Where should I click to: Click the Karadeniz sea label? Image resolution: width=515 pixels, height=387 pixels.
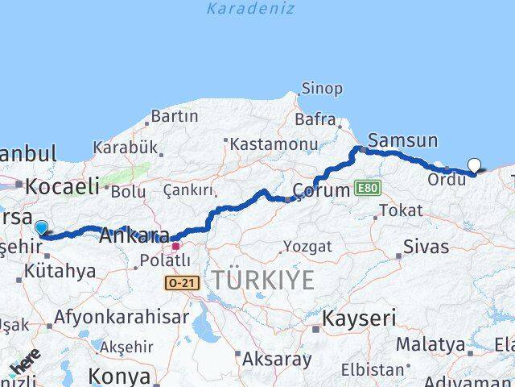[250, 9]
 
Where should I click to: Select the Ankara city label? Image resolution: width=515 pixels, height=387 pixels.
[134, 236]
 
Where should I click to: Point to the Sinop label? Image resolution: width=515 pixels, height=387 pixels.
[322, 89]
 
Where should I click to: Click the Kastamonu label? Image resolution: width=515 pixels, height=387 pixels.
[274, 144]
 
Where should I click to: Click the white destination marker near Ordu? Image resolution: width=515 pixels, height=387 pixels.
[474, 166]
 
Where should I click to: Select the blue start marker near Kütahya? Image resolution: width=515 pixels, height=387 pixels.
[41, 228]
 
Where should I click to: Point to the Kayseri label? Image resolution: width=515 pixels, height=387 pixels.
[359, 318]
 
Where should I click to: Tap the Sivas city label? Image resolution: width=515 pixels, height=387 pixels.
[426, 247]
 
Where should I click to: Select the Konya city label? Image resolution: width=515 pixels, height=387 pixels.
[118, 376]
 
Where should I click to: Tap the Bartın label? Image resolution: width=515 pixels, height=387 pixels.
[174, 116]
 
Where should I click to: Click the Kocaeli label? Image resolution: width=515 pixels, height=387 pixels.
[62, 187]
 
